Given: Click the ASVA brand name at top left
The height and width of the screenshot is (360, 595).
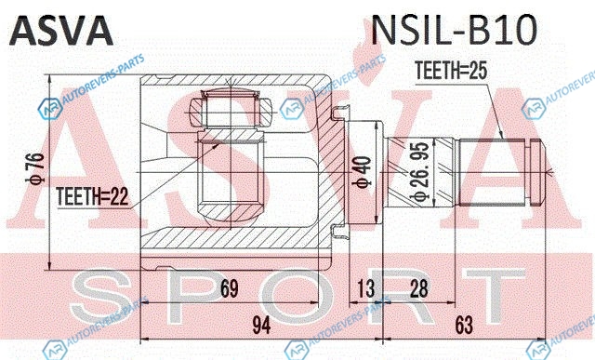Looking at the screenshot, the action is pos(60,31).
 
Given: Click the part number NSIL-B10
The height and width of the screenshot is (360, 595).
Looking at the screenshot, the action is pos(455,30).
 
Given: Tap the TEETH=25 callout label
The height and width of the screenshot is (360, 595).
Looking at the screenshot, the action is pos(451,71).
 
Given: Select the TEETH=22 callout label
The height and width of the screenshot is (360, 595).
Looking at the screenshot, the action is pos(93,196).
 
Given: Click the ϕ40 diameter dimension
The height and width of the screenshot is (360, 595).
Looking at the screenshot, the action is pos(362,172).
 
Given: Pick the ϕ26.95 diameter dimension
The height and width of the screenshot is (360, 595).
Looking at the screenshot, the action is pos(420,171).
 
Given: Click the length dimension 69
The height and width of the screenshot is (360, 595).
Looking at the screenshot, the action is pos(230,288).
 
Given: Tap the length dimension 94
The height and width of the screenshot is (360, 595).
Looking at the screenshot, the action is pos(262,325).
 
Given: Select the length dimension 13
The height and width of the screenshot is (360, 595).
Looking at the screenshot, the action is pos(365,288).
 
